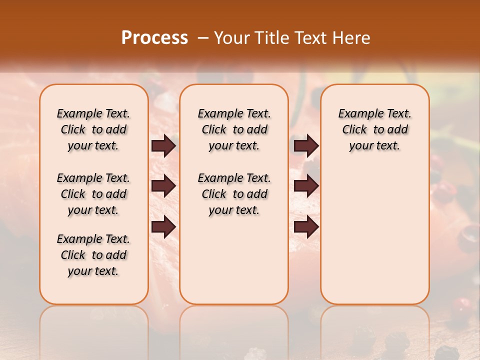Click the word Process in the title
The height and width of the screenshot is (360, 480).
click(x=154, y=38)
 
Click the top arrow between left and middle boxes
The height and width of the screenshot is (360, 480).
click(x=163, y=145)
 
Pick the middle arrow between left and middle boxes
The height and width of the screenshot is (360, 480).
click(x=163, y=186)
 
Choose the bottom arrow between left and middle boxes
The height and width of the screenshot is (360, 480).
click(x=163, y=227)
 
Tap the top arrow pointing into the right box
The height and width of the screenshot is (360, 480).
click(x=306, y=145)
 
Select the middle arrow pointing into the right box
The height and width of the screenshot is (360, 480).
click(x=306, y=186)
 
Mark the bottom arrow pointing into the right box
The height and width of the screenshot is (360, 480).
click(x=306, y=227)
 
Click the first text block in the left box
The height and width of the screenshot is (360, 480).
click(x=93, y=129)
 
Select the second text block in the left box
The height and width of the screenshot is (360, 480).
click(x=93, y=194)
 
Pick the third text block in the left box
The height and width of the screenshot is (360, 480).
click(x=93, y=255)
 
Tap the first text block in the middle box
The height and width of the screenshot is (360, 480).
click(x=234, y=129)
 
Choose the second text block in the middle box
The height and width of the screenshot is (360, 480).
click(x=234, y=194)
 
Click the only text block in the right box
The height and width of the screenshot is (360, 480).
click(x=374, y=129)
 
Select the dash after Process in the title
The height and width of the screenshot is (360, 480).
click(x=203, y=38)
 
